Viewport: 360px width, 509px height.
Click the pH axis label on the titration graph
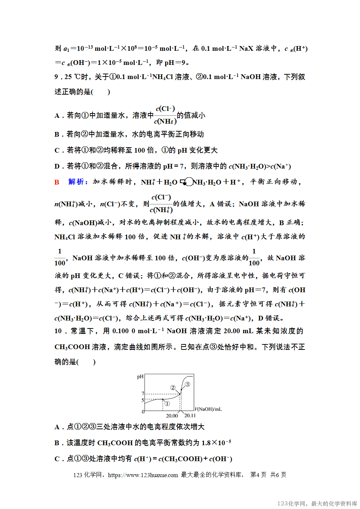[140, 377]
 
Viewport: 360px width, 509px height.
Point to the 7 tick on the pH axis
[143, 394]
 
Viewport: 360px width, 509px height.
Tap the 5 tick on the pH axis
[143, 400]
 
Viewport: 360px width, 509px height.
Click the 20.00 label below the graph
[172, 416]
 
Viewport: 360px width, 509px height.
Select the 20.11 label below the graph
[190, 416]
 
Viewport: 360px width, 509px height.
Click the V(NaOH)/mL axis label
[208, 409]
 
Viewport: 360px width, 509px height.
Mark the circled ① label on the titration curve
[167, 404]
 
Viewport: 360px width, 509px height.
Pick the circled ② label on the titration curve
[173, 388]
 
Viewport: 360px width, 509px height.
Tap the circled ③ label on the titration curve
[187, 384]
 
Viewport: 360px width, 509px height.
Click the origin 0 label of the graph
[143, 412]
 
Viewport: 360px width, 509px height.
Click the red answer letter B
[57, 182]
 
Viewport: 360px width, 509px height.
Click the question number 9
[57, 77]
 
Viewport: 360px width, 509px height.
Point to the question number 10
[58, 331]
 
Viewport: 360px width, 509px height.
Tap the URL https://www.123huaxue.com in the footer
[143, 475]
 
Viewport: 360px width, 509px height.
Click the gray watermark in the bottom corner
[317, 504]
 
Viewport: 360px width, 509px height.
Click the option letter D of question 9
[57, 166]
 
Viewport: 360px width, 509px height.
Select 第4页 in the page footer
[258, 475]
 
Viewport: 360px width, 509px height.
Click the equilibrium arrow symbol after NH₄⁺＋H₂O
[186, 182]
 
